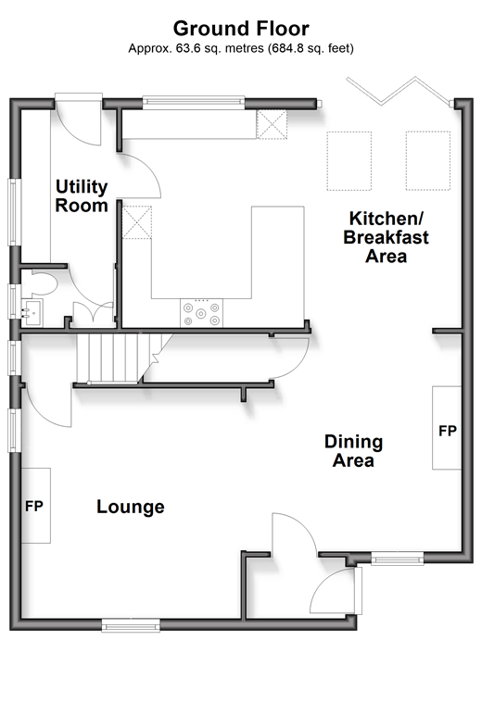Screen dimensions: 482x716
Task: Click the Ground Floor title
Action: click(241, 29)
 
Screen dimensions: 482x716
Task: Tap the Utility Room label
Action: click(82, 195)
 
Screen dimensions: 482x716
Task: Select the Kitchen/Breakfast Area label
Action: click(386, 237)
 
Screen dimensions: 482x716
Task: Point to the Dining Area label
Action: click(353, 451)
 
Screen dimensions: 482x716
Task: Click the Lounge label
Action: click(131, 507)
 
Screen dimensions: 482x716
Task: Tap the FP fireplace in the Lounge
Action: click(35, 506)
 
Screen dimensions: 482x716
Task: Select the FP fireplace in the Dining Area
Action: click(447, 428)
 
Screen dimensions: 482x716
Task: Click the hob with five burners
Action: click(201, 313)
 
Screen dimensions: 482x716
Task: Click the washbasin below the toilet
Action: click(32, 313)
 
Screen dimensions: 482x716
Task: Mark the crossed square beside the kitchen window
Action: click(272, 124)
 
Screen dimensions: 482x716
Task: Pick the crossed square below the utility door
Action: click(136, 222)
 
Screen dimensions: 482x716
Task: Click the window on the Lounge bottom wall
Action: click(131, 625)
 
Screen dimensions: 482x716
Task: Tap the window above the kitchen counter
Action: click(194, 103)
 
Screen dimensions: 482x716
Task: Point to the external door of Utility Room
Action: click(79, 119)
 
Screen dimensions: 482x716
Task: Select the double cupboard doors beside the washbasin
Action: click(93, 314)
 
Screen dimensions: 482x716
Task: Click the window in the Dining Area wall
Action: click(397, 559)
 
